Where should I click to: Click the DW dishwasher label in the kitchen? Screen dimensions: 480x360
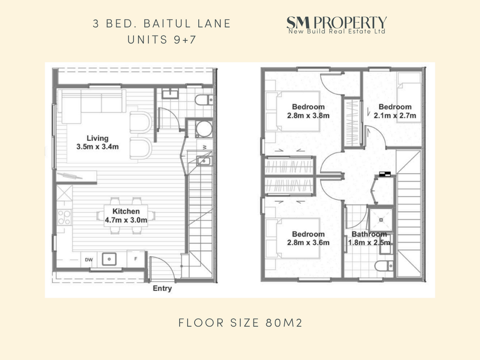point(89,260)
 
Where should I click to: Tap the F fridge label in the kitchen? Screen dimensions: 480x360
point(136,259)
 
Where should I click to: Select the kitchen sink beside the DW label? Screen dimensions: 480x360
point(109,259)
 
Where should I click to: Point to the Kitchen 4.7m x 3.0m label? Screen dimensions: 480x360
point(126,216)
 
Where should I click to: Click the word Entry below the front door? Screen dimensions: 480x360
point(162,288)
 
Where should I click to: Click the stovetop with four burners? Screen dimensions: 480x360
point(64,217)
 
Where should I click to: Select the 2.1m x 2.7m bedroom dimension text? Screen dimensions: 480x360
point(395,116)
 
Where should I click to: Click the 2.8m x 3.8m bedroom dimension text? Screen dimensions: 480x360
point(308,116)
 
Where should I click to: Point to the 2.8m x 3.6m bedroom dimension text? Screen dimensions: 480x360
point(308,243)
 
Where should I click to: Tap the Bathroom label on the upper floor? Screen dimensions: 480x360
point(369,234)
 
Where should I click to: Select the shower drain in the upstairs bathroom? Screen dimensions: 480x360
point(381,219)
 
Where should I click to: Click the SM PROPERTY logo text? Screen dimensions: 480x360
point(336,23)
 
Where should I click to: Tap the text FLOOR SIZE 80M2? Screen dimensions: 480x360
point(240,323)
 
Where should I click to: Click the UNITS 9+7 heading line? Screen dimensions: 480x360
point(162,40)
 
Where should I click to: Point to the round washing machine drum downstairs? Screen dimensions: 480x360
point(204,129)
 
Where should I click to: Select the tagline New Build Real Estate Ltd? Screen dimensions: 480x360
point(337,31)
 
